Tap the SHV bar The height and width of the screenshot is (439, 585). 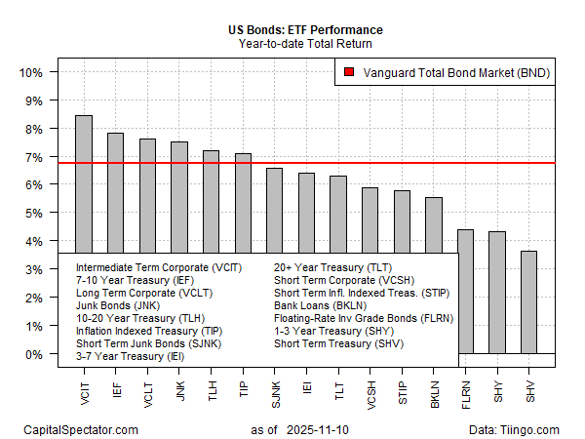point(528,302)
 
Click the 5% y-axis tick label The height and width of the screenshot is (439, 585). point(32,213)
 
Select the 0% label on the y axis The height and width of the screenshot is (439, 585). point(32,353)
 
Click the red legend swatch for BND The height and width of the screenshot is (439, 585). point(348,72)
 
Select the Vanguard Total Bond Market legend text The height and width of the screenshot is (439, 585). point(453,72)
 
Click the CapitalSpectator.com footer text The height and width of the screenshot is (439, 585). point(79,429)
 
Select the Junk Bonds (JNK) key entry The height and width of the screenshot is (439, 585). point(113,304)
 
